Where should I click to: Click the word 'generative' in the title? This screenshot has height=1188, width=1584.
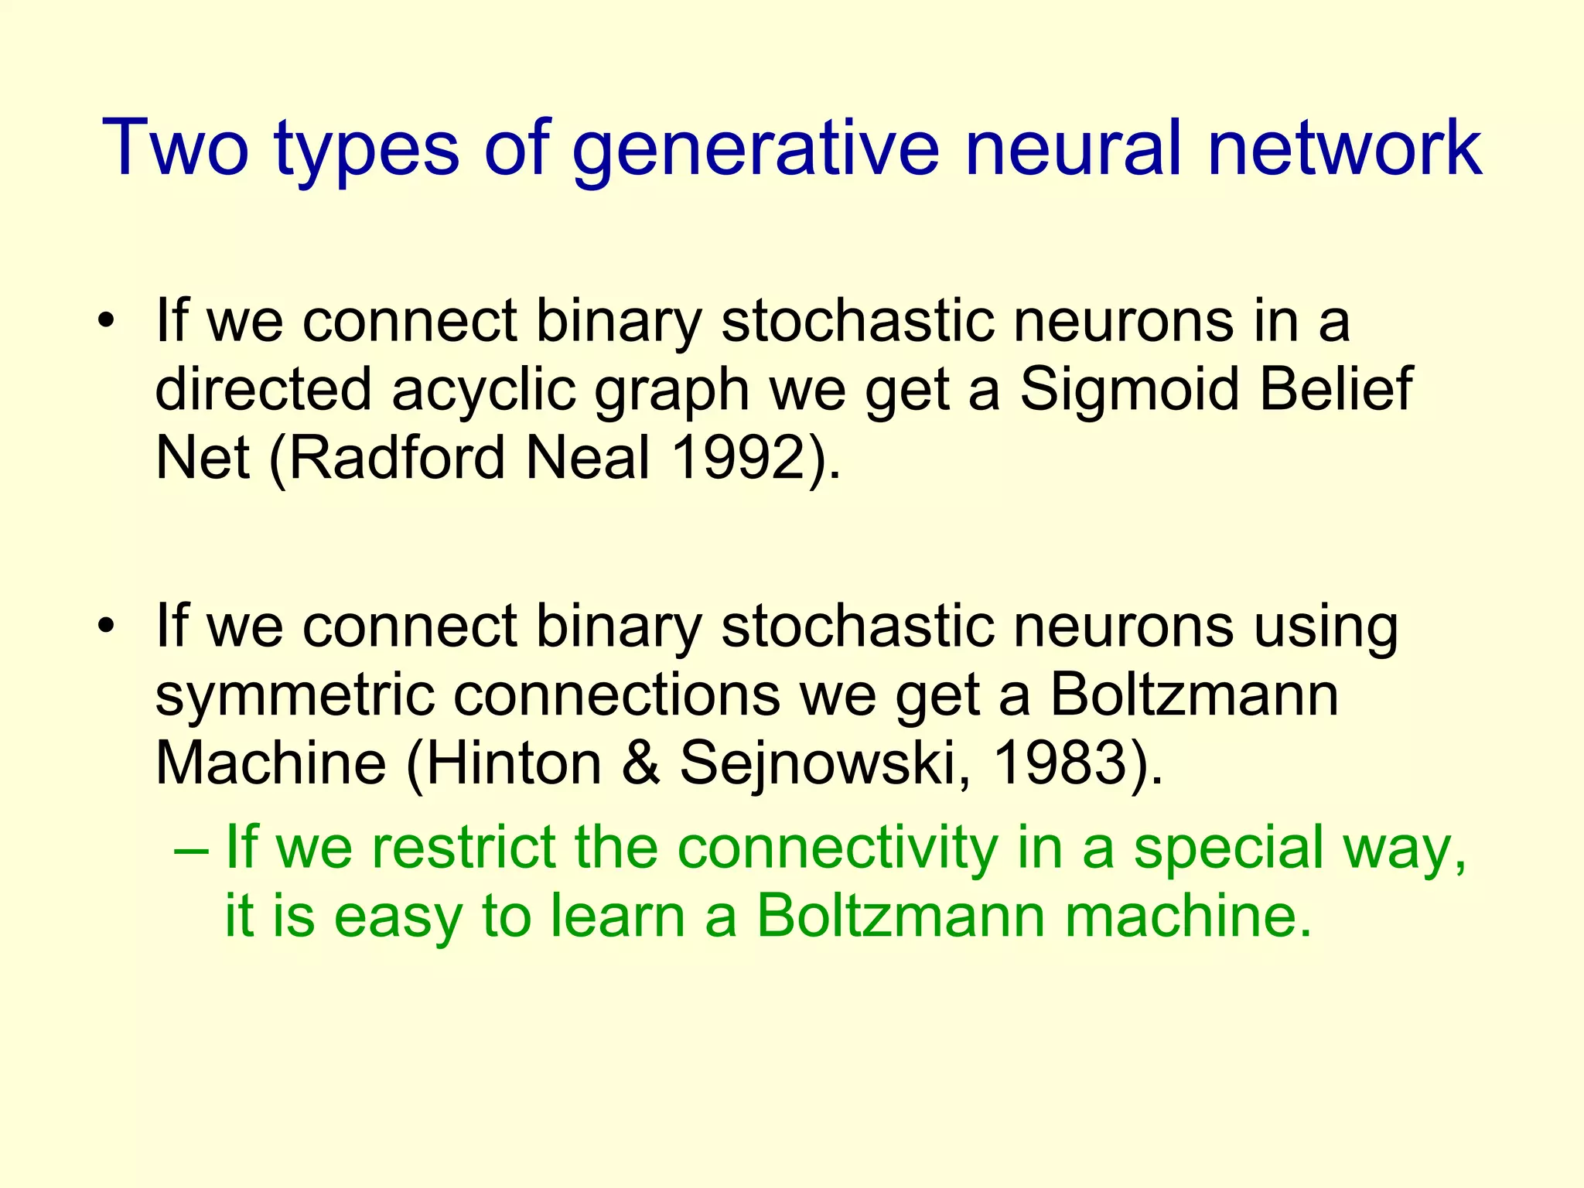click(754, 148)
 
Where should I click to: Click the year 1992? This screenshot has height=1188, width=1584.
click(743, 458)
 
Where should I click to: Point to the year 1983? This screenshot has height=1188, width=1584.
click(1059, 763)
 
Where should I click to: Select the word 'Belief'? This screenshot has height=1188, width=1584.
click(1336, 389)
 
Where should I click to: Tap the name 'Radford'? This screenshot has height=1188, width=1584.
click(397, 458)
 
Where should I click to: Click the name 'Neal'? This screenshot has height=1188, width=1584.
click(588, 458)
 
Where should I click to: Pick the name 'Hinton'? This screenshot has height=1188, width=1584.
click(514, 763)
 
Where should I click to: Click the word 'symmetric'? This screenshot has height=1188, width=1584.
click(295, 695)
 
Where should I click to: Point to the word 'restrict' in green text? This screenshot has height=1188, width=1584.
click(463, 848)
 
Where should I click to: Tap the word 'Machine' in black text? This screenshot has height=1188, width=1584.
click(271, 763)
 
